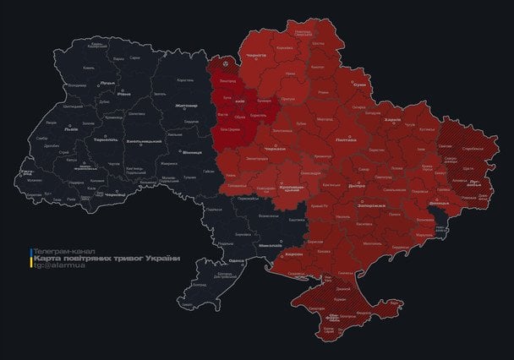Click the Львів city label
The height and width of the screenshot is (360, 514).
click(71, 130)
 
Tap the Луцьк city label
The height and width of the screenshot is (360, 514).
click(107, 83)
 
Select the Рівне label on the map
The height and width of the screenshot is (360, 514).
click(124, 94)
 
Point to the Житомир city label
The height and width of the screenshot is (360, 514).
click(185, 106)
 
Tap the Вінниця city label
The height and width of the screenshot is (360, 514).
click(193, 153)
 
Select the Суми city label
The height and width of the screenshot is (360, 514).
click(360, 85)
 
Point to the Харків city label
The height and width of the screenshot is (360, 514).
click(392, 120)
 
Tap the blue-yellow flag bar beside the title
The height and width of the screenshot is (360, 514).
click(31, 259)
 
